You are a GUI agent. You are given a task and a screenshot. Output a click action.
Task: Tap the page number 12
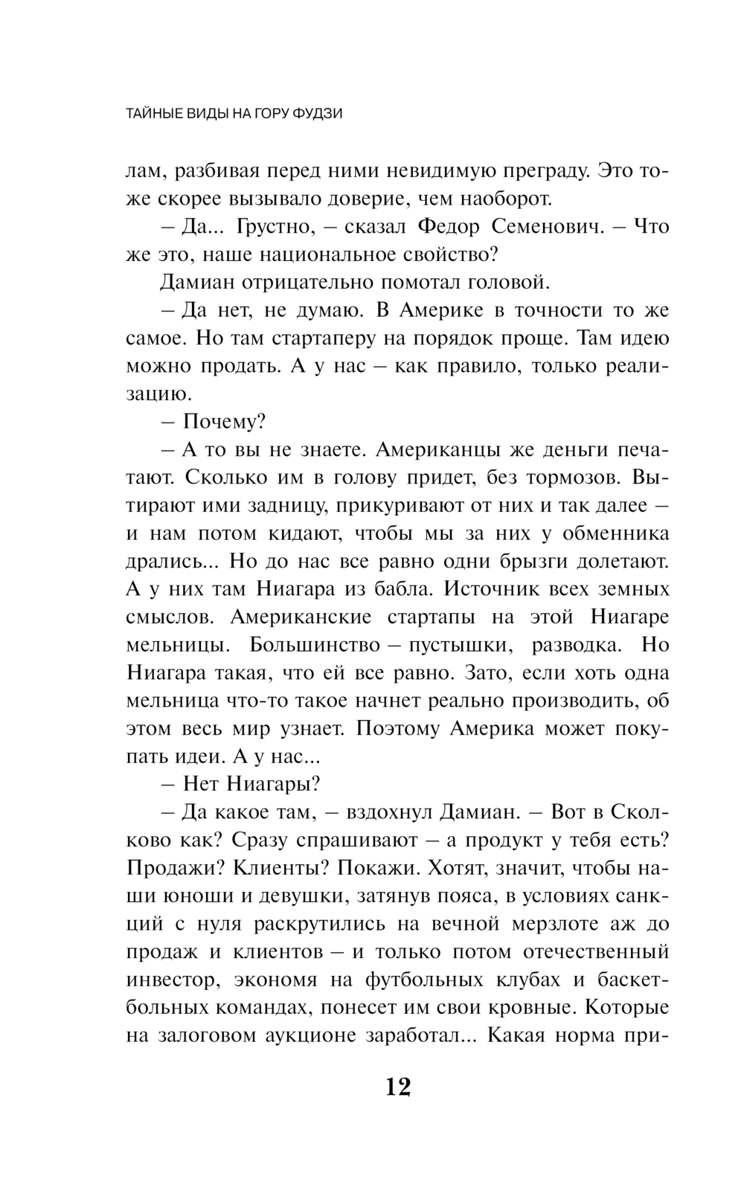(x=398, y=1087)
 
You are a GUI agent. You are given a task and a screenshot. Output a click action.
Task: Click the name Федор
(x=446, y=227)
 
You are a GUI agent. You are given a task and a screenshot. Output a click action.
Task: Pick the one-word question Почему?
(x=225, y=422)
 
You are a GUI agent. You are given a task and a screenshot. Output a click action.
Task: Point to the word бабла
(x=397, y=589)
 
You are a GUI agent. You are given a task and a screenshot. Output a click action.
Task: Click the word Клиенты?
(x=272, y=868)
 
